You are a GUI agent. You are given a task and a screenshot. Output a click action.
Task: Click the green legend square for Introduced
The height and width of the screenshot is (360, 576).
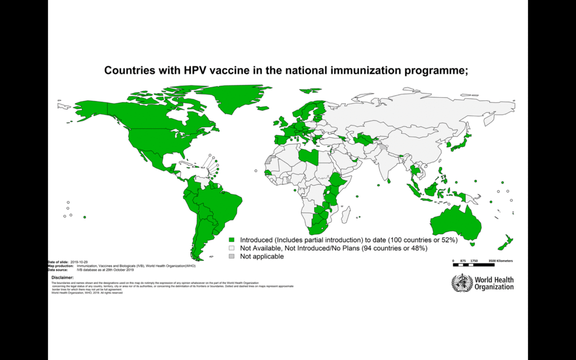[x=232, y=239]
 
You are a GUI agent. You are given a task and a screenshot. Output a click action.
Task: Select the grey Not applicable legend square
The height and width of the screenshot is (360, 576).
[x=232, y=256]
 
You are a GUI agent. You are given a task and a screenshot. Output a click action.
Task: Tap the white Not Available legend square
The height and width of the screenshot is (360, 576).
[x=232, y=248]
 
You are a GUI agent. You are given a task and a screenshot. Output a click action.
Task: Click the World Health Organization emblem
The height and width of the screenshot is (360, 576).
[x=461, y=283]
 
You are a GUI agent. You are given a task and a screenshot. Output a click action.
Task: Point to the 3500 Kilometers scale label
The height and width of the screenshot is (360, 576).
[x=500, y=261]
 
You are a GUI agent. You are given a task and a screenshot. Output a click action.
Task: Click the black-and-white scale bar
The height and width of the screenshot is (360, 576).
[x=473, y=265]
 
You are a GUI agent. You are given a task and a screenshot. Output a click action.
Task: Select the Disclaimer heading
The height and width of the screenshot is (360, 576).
[x=62, y=277]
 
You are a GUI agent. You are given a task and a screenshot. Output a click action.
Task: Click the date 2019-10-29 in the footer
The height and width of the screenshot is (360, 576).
[x=79, y=262]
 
